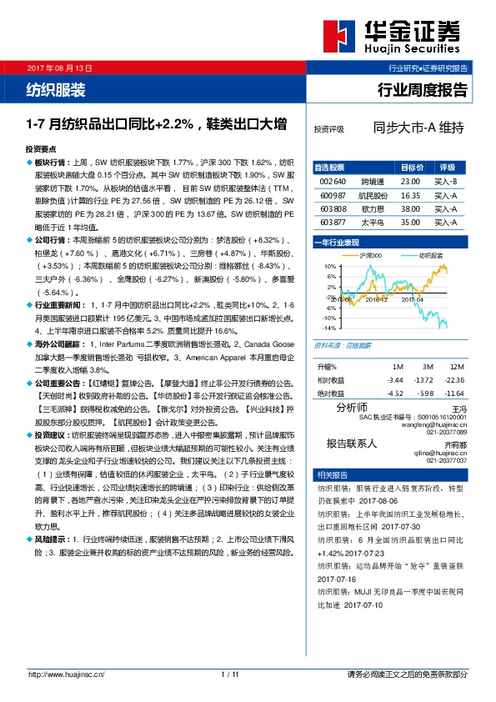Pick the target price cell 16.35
click(410, 193)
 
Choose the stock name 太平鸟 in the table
click(373, 223)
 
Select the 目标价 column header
click(412, 167)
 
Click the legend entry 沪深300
click(369, 254)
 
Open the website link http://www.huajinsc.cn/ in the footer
click(65, 674)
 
